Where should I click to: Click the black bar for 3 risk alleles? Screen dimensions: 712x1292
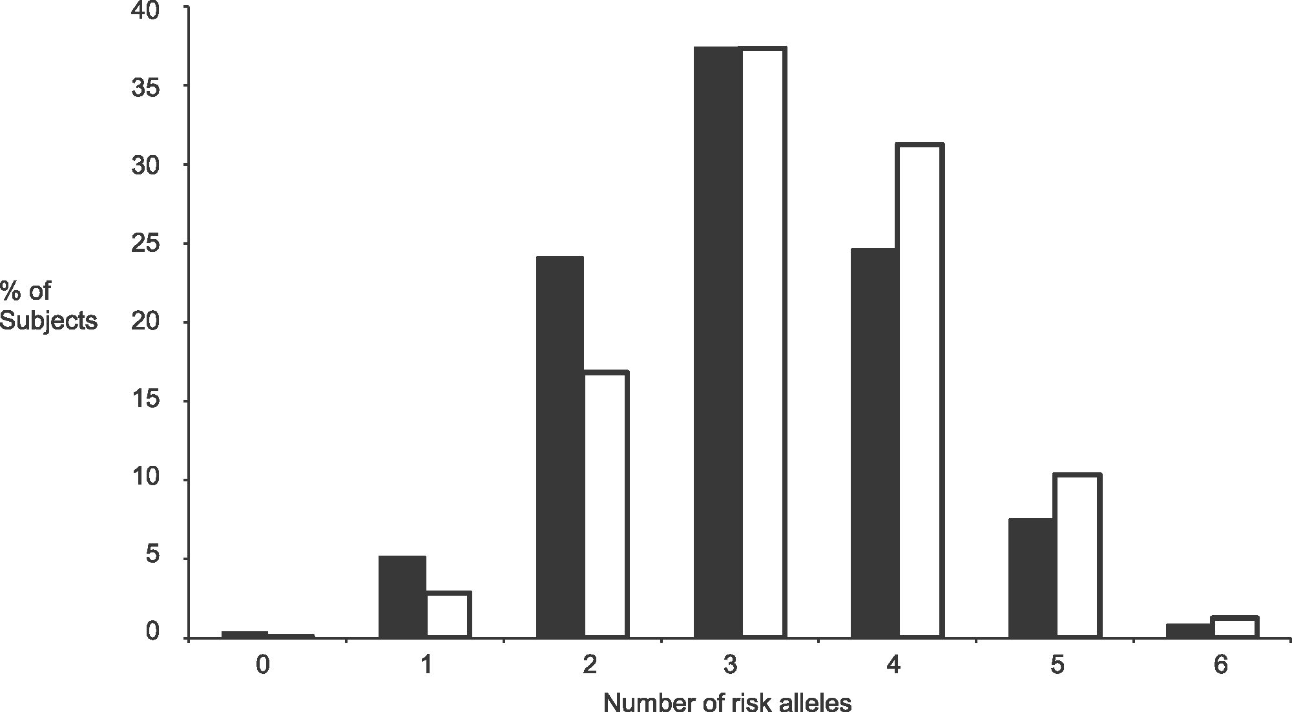click(717, 342)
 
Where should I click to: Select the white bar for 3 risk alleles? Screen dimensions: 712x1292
click(764, 342)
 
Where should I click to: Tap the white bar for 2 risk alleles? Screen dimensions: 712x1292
click(605, 505)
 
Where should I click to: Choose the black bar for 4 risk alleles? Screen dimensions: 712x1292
click(875, 443)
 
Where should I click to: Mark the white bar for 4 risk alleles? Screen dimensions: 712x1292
click(921, 390)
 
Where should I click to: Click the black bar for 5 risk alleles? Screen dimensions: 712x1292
click(1032, 578)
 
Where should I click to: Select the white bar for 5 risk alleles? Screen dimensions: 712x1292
click(1078, 556)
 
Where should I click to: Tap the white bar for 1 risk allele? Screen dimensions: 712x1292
click(448, 614)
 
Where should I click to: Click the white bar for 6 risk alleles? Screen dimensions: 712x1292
click(1235, 627)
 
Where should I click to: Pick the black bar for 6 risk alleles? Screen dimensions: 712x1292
click(1189, 631)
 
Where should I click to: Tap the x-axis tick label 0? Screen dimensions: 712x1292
click(262, 665)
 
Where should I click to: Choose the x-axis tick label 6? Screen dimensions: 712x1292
click(1220, 665)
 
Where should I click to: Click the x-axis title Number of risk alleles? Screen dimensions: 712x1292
click(727, 701)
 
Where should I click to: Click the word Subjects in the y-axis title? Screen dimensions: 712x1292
click(49, 321)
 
